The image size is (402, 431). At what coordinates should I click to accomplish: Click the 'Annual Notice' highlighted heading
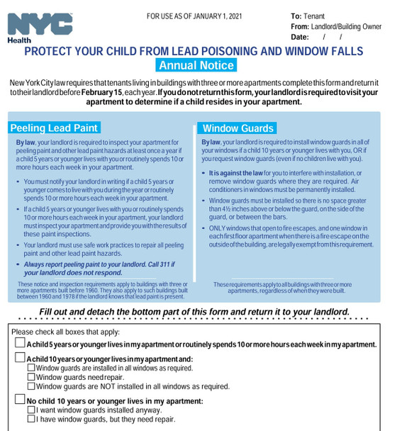tap(196, 66)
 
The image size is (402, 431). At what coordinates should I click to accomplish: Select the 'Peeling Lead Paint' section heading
tap(54, 128)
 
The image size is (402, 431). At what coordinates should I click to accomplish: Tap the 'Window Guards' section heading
tap(238, 128)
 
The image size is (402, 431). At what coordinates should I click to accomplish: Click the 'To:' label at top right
tap(296, 16)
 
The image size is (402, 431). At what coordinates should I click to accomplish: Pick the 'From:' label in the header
tap(300, 26)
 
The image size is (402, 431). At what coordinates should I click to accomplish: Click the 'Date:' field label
tap(300, 37)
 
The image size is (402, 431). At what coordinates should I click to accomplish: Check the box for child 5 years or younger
tap(21, 344)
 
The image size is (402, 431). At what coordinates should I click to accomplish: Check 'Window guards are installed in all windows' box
tap(30, 368)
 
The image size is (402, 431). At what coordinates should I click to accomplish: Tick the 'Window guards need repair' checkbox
tap(30, 377)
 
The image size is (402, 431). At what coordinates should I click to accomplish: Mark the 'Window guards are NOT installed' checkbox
tap(30, 386)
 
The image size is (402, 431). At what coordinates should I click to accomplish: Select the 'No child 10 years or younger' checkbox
tap(21, 401)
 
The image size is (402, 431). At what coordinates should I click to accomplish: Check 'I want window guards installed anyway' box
tap(30, 410)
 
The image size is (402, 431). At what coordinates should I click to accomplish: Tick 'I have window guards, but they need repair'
tap(30, 419)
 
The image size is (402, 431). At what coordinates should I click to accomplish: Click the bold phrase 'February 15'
tap(102, 92)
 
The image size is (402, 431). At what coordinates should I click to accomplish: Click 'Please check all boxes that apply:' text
tap(65, 332)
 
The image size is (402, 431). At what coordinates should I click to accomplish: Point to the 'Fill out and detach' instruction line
tap(194, 312)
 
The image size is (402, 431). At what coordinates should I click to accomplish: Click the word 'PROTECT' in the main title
tap(50, 51)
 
